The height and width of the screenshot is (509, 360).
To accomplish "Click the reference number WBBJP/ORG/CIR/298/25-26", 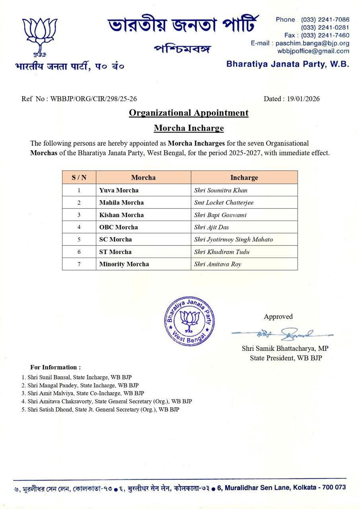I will [x=94, y=99].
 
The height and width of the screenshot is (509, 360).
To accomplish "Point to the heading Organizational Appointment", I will [x=189, y=113].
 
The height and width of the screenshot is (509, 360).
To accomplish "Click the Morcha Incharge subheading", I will [x=189, y=128].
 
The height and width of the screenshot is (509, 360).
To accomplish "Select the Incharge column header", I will [x=244, y=177].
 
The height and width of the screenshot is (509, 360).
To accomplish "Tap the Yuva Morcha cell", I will [x=119, y=190].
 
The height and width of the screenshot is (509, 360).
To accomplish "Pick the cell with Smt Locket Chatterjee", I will [x=224, y=202].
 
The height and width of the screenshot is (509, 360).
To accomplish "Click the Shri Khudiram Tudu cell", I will [x=222, y=252].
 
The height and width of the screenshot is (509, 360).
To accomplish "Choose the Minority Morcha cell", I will [x=124, y=264].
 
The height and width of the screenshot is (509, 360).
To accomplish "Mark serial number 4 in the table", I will [x=79, y=227].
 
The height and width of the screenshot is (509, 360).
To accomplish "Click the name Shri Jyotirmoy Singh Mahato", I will [x=234, y=239].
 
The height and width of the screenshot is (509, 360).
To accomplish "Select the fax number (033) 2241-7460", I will [x=325, y=35].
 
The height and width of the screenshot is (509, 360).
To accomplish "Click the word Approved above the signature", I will [x=278, y=317].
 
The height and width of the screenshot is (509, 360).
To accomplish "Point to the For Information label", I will [x=55, y=367].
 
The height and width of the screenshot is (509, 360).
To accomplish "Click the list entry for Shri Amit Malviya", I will [x=83, y=393].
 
